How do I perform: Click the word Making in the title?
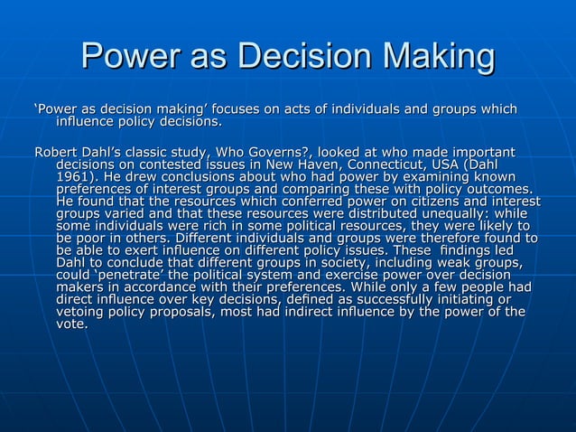pyautogui.click(x=436, y=57)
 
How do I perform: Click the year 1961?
pyautogui.click(x=73, y=180)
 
